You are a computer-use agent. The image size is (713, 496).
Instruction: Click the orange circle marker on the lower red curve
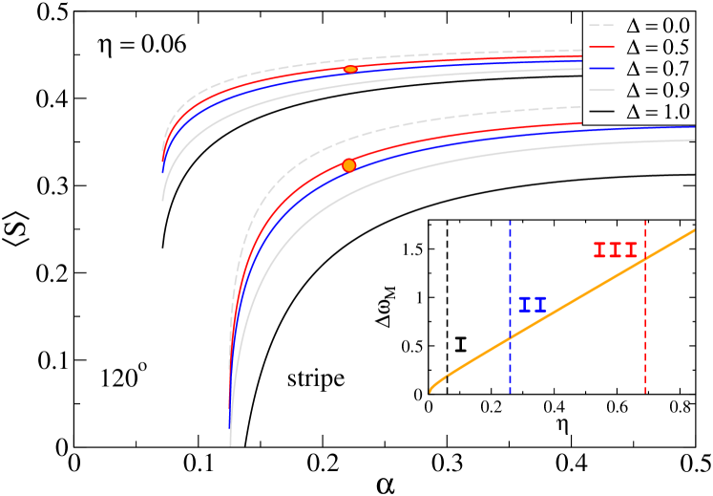[x=348, y=165]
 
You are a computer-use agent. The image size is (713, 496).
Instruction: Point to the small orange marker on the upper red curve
[x=350, y=70]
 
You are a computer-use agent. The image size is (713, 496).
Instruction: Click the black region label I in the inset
[x=461, y=344]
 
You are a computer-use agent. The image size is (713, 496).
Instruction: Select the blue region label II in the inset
[x=533, y=306]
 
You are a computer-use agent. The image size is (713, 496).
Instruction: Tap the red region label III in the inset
[x=615, y=250]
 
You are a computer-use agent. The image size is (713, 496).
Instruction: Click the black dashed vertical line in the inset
[x=448, y=287]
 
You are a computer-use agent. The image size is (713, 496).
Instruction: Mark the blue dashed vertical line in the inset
[x=510, y=268]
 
